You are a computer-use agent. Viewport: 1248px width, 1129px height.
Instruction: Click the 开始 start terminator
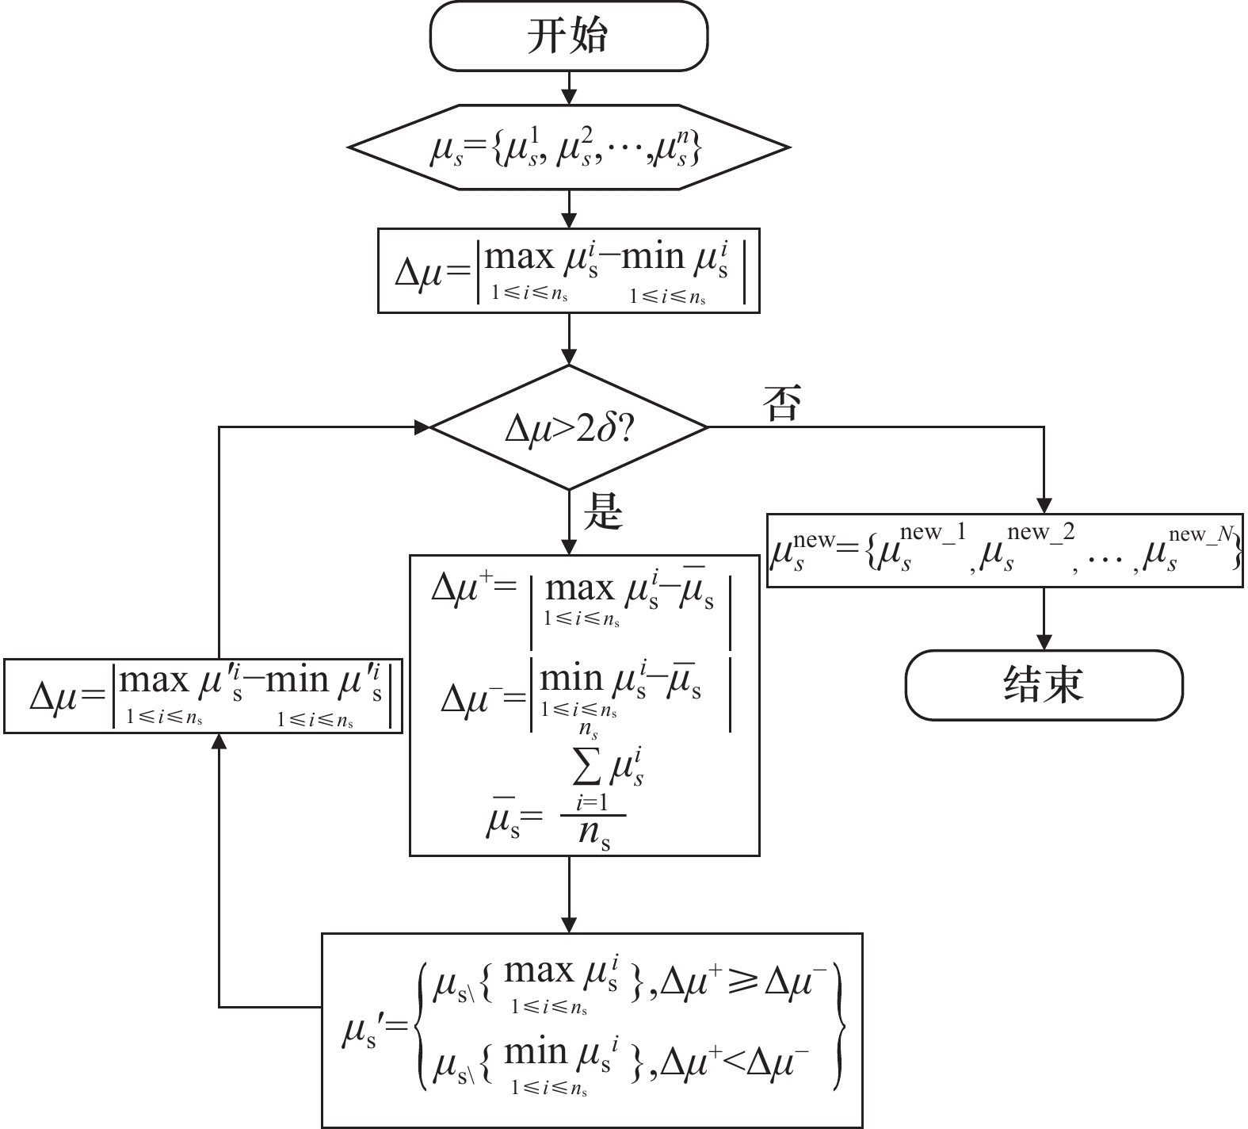point(568,36)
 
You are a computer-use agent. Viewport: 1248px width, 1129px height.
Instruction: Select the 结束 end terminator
point(1044,685)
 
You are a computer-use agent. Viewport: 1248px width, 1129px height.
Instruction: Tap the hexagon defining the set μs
point(568,147)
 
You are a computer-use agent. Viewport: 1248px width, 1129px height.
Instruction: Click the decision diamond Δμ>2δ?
point(568,428)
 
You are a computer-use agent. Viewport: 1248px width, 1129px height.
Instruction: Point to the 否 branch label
point(781,404)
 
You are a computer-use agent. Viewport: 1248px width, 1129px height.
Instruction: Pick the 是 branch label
point(603,513)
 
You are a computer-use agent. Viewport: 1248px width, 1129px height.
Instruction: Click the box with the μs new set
point(1005,550)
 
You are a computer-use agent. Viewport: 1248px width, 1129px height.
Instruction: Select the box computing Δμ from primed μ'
point(203,695)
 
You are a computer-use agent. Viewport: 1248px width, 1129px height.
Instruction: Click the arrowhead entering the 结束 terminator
point(1044,642)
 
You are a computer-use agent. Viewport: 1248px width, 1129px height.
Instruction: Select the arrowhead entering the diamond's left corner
point(421,427)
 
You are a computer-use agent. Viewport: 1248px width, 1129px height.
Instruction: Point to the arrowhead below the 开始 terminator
point(568,96)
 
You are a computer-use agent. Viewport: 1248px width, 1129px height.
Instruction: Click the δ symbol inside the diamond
point(607,429)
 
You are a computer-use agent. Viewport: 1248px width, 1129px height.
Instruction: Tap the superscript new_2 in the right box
point(1040,533)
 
